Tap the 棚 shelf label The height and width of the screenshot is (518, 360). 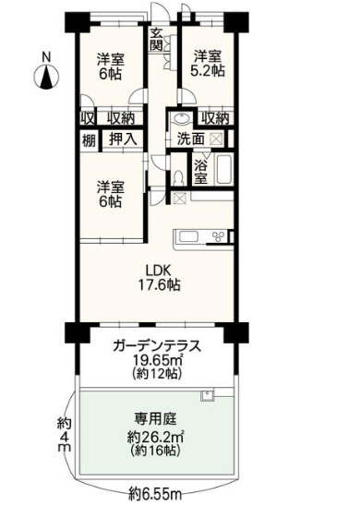[87, 139]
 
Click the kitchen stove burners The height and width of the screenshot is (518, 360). [219, 236]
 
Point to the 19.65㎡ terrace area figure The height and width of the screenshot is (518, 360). [156, 361]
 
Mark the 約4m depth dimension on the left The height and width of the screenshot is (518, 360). [64, 434]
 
